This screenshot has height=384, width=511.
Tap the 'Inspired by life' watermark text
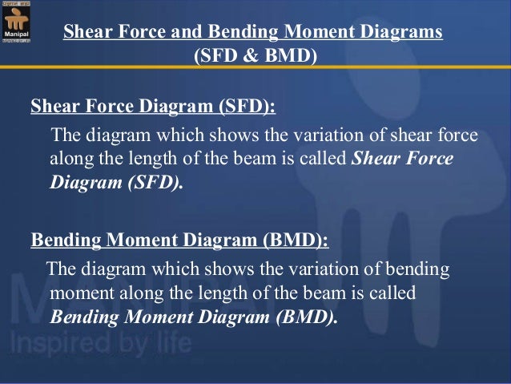pyautogui.click(x=100, y=344)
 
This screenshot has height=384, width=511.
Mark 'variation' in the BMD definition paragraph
pyautogui.click(x=316, y=267)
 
